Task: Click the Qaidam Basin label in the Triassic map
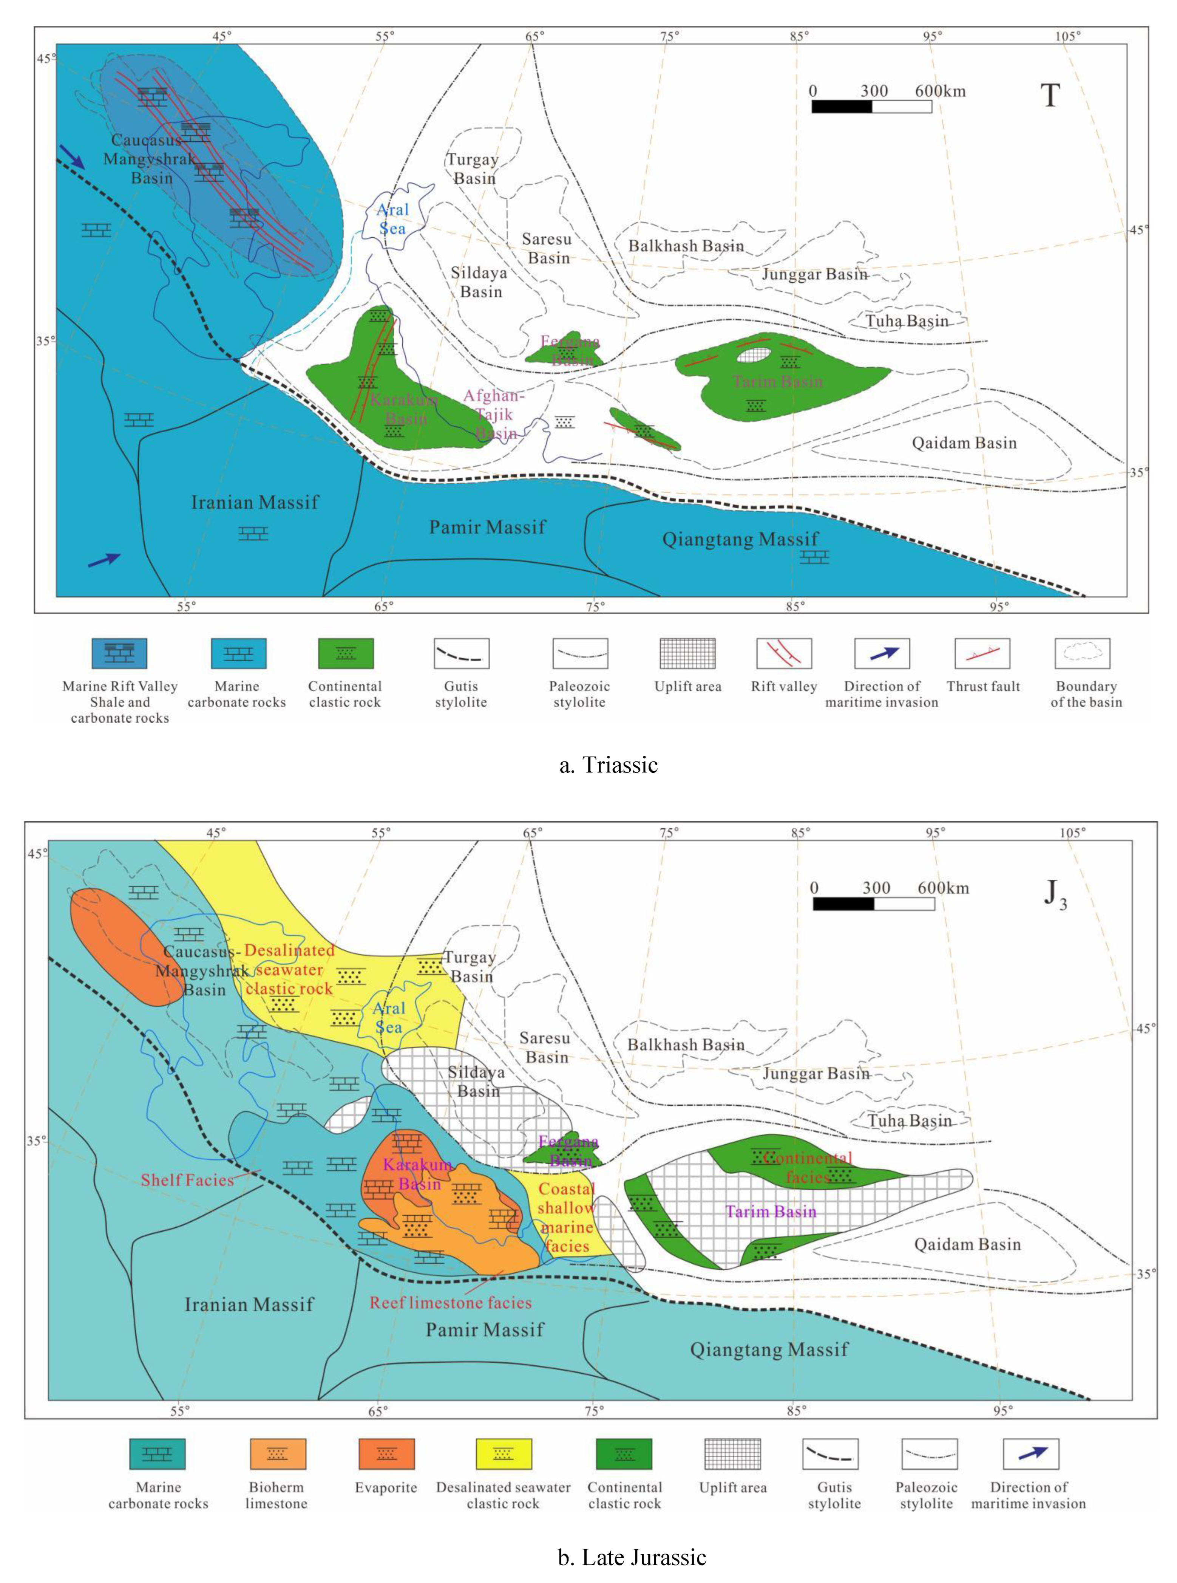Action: pyautogui.click(x=964, y=443)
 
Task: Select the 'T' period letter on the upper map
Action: pyautogui.click(x=1050, y=96)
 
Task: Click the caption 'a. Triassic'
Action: pyautogui.click(x=609, y=765)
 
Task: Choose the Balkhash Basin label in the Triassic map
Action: pyautogui.click(x=686, y=246)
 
